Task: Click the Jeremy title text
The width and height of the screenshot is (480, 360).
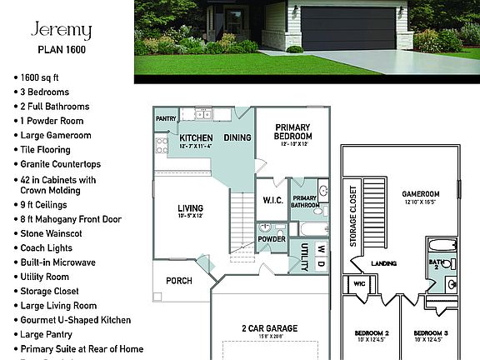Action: click(x=61, y=31)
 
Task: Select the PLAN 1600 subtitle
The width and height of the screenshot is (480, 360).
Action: click(x=61, y=49)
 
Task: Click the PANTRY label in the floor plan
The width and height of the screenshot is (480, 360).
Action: click(x=166, y=119)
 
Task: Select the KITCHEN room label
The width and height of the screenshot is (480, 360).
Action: click(x=196, y=138)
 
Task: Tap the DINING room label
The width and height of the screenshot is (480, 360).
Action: click(x=237, y=137)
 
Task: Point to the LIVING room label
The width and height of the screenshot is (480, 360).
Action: click(x=192, y=209)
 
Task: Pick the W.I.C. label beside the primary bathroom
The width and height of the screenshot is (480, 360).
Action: click(x=272, y=200)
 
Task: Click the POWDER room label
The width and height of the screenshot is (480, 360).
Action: click(x=272, y=239)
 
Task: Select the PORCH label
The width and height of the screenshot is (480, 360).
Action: click(x=179, y=281)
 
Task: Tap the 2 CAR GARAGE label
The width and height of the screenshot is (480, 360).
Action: click(x=269, y=329)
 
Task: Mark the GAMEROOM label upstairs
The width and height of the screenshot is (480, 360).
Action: click(x=421, y=194)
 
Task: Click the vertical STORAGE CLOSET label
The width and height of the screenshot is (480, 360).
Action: click(x=353, y=215)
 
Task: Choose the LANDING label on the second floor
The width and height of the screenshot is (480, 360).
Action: click(x=383, y=264)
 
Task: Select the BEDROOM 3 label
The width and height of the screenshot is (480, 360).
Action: click(x=432, y=333)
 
